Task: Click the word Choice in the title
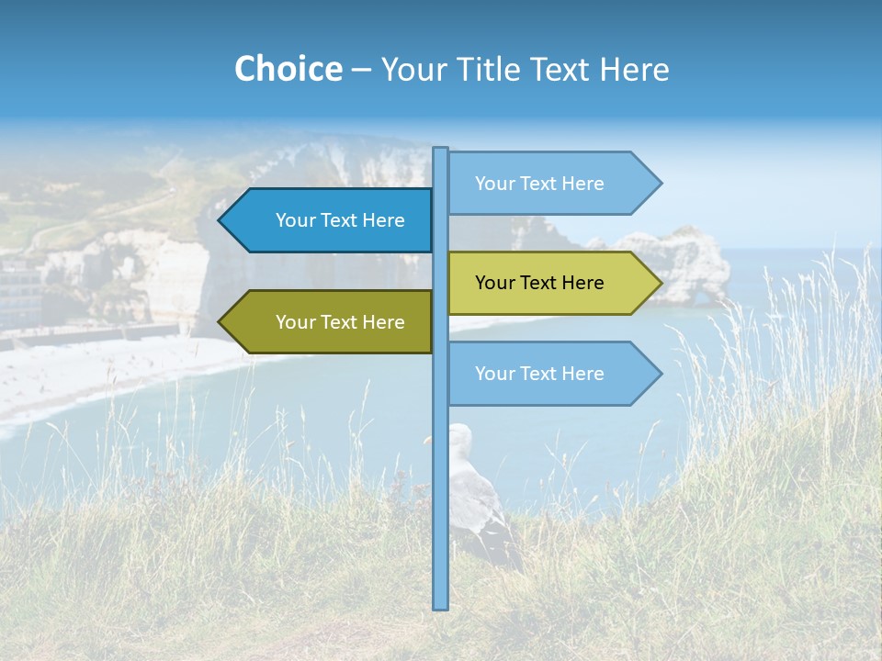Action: (288, 69)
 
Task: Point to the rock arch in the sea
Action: (689, 266)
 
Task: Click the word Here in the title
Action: (635, 69)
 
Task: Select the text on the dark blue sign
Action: (340, 220)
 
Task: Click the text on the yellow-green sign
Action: (539, 283)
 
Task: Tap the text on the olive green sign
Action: (340, 322)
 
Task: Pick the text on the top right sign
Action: (539, 184)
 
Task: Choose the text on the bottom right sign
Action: (539, 374)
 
